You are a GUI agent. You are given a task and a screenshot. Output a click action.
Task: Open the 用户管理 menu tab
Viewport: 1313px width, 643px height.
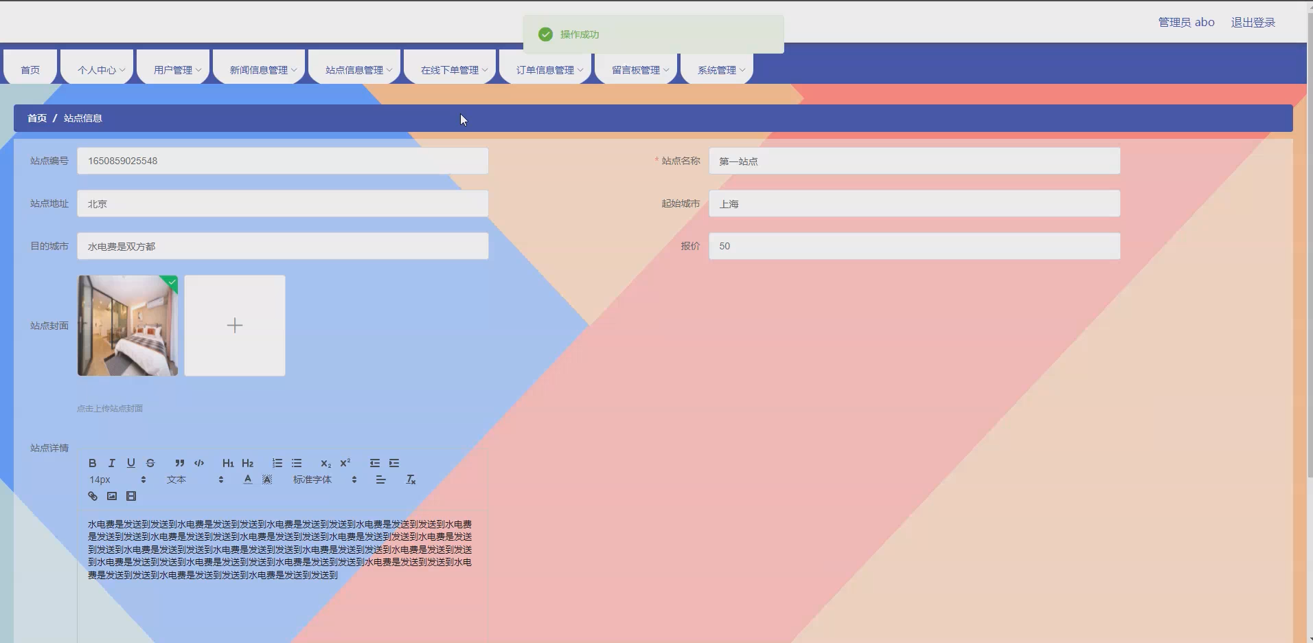pos(176,70)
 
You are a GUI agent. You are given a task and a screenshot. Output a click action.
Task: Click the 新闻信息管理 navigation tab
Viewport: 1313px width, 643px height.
pos(262,70)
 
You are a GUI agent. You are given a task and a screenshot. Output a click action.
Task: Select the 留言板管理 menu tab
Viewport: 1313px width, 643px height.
pos(639,70)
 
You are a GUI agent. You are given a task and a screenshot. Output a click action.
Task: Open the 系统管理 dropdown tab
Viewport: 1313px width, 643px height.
pos(720,70)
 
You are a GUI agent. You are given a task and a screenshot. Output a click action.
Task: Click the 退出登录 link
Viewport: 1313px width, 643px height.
pos(1253,23)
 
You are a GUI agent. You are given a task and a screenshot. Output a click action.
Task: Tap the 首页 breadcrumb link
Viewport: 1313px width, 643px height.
pos(37,118)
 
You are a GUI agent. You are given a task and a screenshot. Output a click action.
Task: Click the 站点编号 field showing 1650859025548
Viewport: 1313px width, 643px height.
pos(282,161)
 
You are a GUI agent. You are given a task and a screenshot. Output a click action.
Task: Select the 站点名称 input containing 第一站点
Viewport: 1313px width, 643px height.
pos(914,161)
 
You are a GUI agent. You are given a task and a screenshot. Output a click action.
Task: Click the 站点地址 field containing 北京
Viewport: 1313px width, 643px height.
pos(282,203)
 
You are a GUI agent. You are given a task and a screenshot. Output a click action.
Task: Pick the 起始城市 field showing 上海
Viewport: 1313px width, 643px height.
pos(914,203)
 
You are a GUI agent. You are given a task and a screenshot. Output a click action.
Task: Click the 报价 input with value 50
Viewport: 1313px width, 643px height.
pos(914,246)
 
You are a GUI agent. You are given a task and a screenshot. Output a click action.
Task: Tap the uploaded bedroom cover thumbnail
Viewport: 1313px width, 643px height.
pos(128,326)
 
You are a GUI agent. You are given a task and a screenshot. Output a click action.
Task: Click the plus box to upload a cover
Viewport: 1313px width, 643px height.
pos(235,326)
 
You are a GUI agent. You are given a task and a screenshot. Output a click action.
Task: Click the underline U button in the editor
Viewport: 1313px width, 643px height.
pos(131,463)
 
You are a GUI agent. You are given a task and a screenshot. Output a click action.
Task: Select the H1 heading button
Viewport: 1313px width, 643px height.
pos(228,463)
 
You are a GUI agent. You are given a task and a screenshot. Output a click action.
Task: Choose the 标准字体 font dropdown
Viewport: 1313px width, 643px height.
pos(324,480)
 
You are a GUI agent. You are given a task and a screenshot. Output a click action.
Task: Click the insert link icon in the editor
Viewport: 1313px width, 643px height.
pos(93,496)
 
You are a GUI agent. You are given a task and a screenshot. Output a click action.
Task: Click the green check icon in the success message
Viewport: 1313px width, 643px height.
pos(545,34)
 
